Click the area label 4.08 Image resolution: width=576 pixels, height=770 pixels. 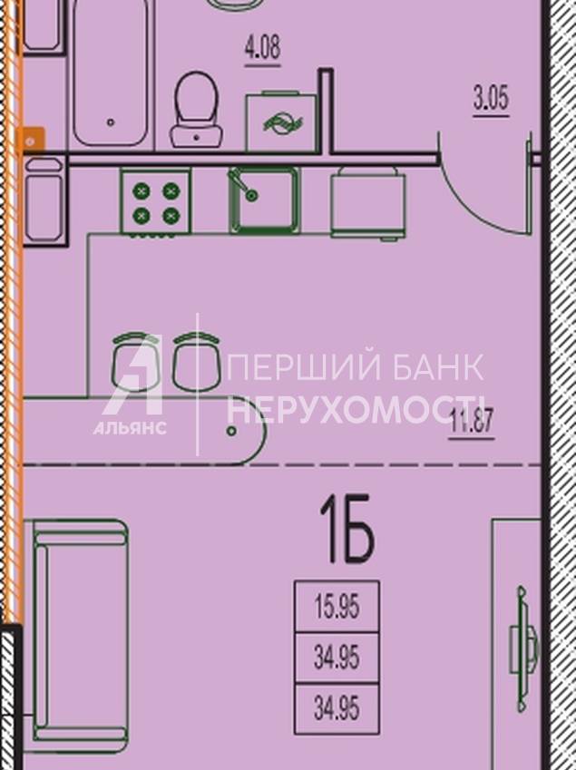click(x=263, y=49)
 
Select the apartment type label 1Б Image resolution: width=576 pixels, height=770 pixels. click(x=347, y=528)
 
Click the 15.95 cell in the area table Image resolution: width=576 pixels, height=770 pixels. click(x=337, y=607)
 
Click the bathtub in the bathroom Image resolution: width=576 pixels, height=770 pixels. click(x=111, y=73)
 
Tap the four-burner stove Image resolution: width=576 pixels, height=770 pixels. click(x=156, y=202)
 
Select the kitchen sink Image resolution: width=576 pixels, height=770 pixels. click(x=264, y=200)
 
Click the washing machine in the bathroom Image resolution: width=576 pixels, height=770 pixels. click(x=281, y=122)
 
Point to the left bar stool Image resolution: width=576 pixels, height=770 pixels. click(x=136, y=363)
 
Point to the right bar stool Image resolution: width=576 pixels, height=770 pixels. click(x=197, y=363)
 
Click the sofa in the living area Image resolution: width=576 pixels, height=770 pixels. click(x=80, y=637)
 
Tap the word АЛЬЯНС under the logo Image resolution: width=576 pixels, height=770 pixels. click(x=130, y=428)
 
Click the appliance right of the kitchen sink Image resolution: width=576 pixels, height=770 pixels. click(x=368, y=203)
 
